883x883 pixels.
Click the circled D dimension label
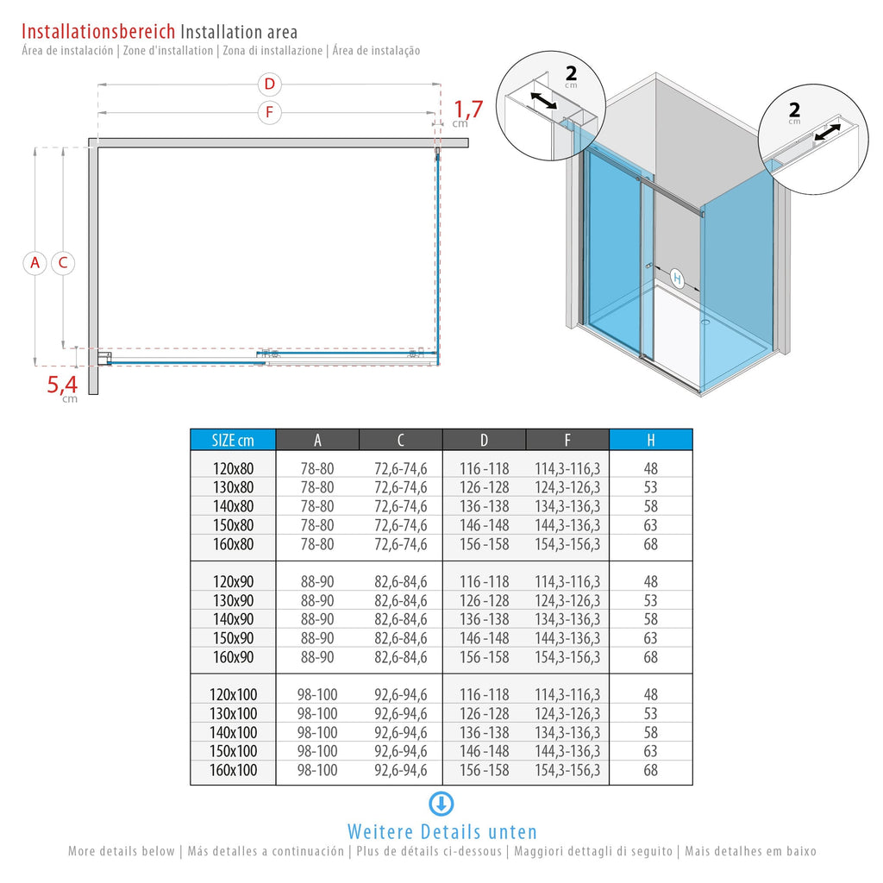coord(270,85)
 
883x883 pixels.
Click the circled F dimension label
coord(270,113)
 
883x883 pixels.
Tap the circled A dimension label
coord(34,263)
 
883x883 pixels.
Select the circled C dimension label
coord(63,263)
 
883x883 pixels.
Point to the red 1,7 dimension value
coord(468,110)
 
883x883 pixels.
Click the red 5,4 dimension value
coord(62,385)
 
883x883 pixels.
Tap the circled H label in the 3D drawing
coord(677,279)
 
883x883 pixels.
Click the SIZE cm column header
coord(233,440)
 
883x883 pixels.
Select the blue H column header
coord(651,440)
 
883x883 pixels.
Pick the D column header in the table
coord(485,440)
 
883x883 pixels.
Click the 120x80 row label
coord(233,468)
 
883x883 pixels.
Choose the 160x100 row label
coord(233,770)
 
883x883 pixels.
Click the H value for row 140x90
coord(650,619)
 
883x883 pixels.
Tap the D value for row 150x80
coord(485,525)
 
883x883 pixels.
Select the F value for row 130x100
coord(567,713)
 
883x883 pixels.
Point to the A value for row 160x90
coord(317,657)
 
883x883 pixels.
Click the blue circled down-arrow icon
coord(441,804)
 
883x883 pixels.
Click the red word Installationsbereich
coord(98,31)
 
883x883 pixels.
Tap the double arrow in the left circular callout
coord(544,102)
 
